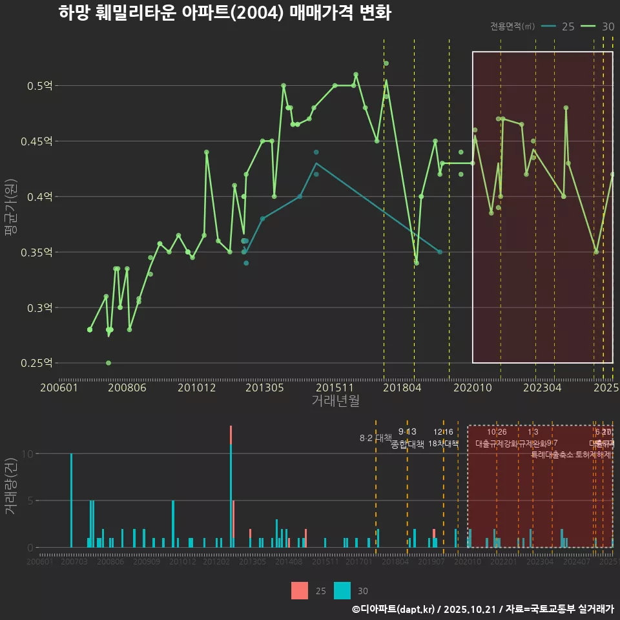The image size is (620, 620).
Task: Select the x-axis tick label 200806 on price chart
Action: pyautogui.click(x=127, y=388)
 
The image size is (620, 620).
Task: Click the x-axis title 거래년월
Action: pyautogui.click(x=335, y=401)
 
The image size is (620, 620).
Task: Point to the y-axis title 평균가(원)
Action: pyautogui.click(x=11, y=223)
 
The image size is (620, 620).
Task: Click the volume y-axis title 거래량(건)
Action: pyautogui.click(x=11, y=486)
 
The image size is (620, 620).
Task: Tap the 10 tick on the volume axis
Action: pyautogui.click(x=26, y=453)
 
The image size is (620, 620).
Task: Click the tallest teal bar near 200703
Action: pyautogui.click(x=71, y=501)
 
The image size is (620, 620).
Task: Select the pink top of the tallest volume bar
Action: pyautogui.click(x=231, y=435)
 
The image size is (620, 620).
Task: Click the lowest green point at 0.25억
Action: pyautogui.click(x=108, y=363)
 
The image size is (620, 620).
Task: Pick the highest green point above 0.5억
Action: pyautogui.click(x=386, y=63)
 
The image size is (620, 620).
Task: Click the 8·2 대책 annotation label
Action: pyautogui.click(x=376, y=438)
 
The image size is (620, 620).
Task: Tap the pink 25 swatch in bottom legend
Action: pyautogui.click(x=300, y=590)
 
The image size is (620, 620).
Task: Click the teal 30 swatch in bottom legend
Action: pyautogui.click(x=342, y=590)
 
